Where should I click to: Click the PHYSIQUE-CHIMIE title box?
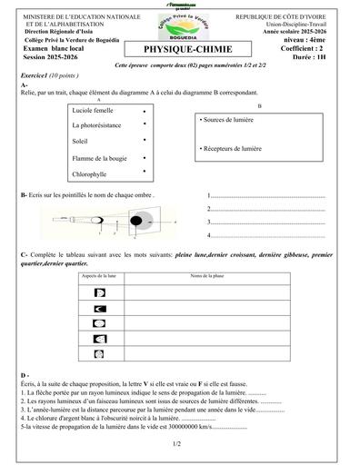point(179,51)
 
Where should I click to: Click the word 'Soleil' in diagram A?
point(79,141)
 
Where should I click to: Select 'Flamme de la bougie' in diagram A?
point(98,157)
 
